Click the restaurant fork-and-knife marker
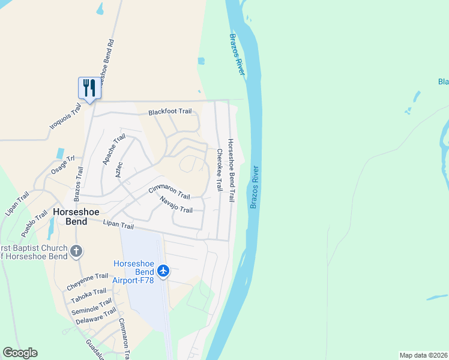tap(89, 88)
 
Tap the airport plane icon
tap(163, 271)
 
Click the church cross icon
tap(76, 251)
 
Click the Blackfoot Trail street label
tap(170, 112)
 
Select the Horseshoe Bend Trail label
tap(231, 170)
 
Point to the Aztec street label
tap(119, 169)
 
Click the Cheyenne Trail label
tap(88, 279)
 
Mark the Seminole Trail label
tap(92, 305)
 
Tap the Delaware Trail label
tap(96, 316)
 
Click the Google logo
tap(20, 353)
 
